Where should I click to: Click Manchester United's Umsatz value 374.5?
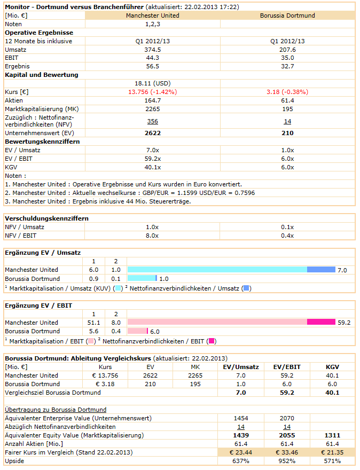(x=152, y=50)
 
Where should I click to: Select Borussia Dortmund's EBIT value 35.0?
(x=287, y=58)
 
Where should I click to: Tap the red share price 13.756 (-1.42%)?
(x=152, y=92)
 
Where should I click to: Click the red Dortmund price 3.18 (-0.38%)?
(x=287, y=92)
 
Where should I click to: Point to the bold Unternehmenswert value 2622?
(x=152, y=133)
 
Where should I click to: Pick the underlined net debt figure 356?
(x=152, y=121)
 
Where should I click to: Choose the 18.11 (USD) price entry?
(x=152, y=83)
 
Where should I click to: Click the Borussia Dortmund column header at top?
(x=287, y=15)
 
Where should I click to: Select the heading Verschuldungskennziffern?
(x=46, y=218)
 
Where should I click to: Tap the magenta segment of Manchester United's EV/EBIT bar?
(x=321, y=322)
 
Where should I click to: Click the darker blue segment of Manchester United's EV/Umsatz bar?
(x=321, y=270)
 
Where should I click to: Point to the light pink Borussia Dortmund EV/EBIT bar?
(x=137, y=332)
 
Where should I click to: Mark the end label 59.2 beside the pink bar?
(x=345, y=323)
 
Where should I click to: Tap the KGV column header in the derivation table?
(x=332, y=367)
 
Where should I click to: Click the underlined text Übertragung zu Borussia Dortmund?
(x=56, y=410)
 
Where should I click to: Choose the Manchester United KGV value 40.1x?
(x=152, y=167)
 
